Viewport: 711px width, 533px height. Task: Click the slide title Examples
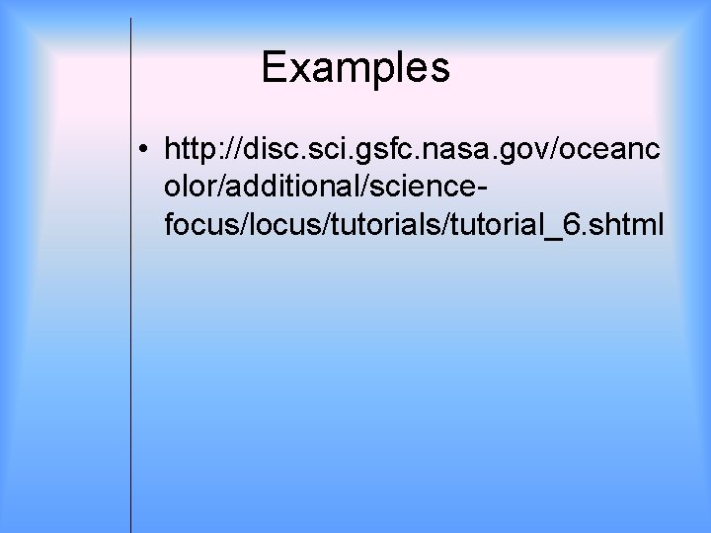coord(355,68)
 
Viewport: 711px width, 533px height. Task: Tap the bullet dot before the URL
coord(144,151)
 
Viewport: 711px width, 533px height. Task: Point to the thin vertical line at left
coord(131,296)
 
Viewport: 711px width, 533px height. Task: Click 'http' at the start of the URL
coord(193,150)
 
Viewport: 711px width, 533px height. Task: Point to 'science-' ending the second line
coord(430,189)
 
